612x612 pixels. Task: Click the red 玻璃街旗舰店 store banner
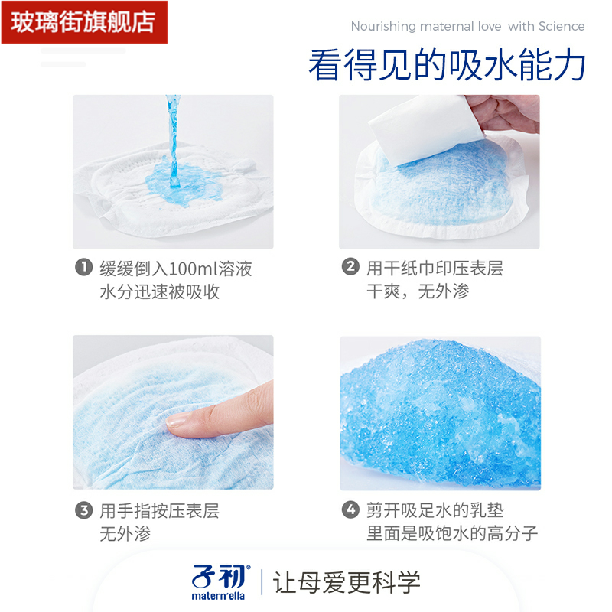coord(82,21)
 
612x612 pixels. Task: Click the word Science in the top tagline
coord(562,27)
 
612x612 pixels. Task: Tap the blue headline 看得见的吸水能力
coord(447,67)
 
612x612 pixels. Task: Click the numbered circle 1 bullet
coord(83,268)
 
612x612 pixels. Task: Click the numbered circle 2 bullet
coord(350,268)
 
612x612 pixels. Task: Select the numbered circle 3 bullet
coord(83,510)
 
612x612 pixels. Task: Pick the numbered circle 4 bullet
coord(350,510)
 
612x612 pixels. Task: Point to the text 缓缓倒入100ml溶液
coord(175,269)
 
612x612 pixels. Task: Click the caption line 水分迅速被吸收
coord(159,292)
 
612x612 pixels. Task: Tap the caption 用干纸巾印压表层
coord(434,269)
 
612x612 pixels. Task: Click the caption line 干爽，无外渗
coord(418,291)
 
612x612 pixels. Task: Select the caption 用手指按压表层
coord(159,511)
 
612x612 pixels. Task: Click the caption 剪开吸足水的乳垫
coord(435,511)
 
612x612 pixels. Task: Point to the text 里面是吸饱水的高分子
coord(452,534)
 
